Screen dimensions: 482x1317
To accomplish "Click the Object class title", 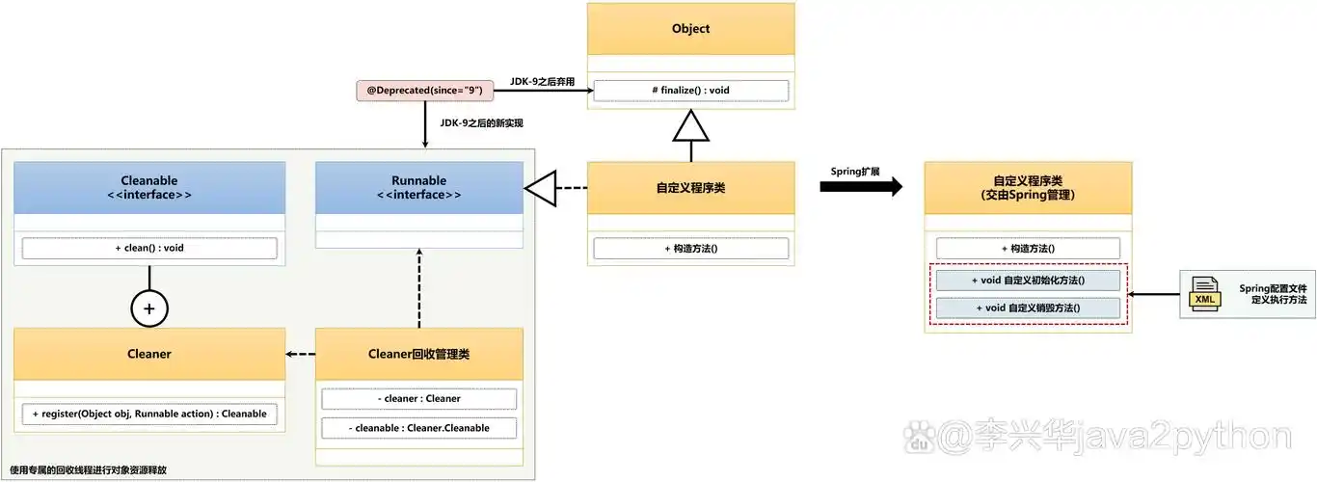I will pyautogui.click(x=690, y=29).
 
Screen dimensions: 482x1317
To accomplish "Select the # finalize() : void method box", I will pyautogui.click(x=690, y=91).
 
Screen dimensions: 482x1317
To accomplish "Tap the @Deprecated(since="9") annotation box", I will pyautogui.click(x=425, y=91).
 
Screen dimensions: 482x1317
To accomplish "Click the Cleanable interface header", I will pyautogui.click(x=149, y=187).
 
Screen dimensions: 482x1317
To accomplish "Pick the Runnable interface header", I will pyautogui.click(x=419, y=187).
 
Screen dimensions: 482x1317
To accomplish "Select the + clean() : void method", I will pyautogui.click(x=149, y=248).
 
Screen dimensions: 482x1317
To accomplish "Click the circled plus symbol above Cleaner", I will pyautogui.click(x=149, y=309).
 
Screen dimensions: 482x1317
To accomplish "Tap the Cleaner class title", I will pyautogui.click(x=149, y=354).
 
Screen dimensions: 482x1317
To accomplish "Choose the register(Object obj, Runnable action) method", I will pyautogui.click(x=149, y=414).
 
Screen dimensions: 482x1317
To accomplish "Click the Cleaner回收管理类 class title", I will pyautogui.click(x=419, y=354).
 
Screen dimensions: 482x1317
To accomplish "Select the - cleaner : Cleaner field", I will pyautogui.click(x=419, y=398).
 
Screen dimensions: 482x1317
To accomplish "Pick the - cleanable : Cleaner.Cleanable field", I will pyautogui.click(x=419, y=427).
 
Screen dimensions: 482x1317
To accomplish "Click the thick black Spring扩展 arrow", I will pyautogui.click(x=860, y=186).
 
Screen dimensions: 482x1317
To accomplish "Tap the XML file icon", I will pyautogui.click(x=1204, y=293).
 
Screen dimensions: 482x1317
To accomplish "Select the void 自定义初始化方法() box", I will pyautogui.click(x=1028, y=280).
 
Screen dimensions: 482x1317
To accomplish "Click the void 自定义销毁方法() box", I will pyautogui.click(x=1028, y=308).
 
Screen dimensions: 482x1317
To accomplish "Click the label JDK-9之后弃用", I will pyautogui.click(x=542, y=82).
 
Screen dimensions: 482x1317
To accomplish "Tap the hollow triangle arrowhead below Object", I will pyautogui.click(x=690, y=125).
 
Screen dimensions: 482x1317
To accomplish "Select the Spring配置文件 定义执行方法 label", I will pyautogui.click(x=1273, y=294).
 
